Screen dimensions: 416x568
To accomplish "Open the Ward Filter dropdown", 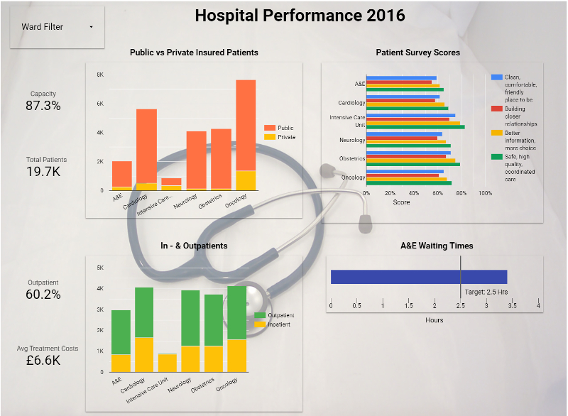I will point(57,27).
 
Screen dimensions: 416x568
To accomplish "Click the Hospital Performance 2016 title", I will point(300,15).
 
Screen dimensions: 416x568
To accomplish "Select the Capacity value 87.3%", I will point(43,106).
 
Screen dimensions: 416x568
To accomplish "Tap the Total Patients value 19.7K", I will point(43,171).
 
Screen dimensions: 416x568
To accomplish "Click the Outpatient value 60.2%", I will point(43,294).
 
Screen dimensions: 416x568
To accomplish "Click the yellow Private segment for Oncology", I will point(246,180).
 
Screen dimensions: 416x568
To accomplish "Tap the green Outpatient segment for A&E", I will point(121,332).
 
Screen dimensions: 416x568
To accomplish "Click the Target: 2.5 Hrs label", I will point(486,292).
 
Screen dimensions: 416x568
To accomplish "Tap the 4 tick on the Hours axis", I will point(538,306).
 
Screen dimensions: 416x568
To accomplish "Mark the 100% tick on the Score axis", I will point(486,193).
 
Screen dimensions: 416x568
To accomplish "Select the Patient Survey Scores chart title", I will point(417,53).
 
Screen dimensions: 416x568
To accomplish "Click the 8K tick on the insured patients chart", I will point(100,75).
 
